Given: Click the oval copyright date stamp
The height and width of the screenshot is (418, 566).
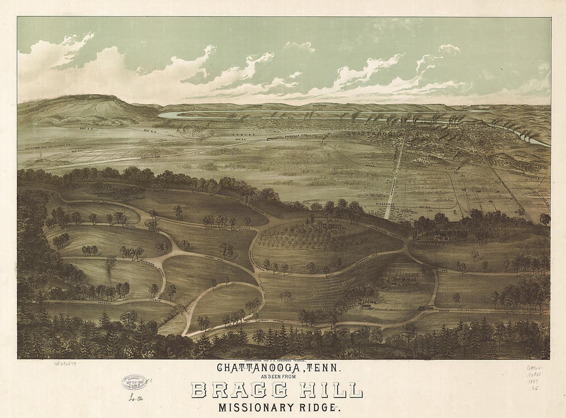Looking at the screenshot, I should coord(134,382).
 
